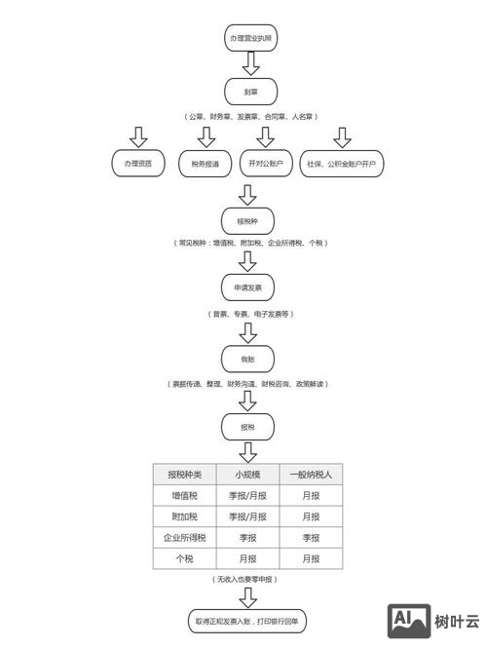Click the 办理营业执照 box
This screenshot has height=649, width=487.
coord(249,38)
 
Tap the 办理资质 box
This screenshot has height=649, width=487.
coord(138,164)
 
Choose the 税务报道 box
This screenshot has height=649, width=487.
coord(206,164)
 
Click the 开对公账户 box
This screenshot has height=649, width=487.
coord(266,164)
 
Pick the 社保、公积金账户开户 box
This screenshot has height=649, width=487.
coord(341,164)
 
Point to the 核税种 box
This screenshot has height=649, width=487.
coord(249,219)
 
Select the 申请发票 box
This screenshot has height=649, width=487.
coord(249,289)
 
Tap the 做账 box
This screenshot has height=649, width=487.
coord(249,359)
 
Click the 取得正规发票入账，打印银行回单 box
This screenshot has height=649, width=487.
coord(249,620)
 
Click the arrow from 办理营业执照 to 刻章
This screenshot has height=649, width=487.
coord(249,65)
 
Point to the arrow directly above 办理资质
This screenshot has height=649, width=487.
coord(138,135)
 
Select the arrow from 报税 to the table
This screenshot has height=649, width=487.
coord(249,451)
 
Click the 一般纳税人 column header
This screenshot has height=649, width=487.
coord(311,475)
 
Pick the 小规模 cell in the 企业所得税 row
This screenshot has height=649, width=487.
coord(247,538)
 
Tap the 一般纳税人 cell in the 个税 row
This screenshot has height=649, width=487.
coord(311,559)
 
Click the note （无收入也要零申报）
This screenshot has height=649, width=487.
coord(249,580)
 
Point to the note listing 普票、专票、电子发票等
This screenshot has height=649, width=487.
coord(249,315)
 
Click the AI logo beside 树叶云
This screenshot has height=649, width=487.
coord(409,621)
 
